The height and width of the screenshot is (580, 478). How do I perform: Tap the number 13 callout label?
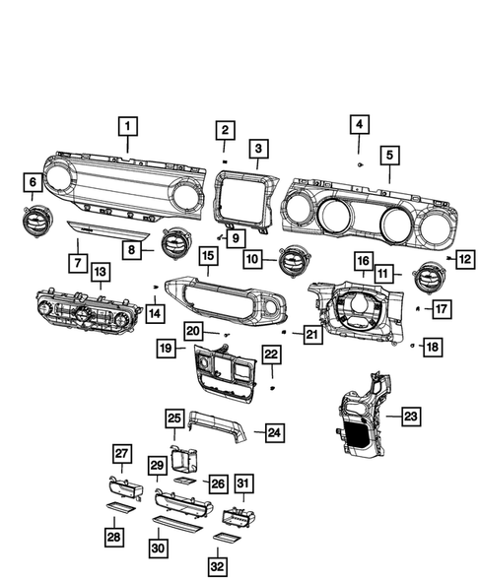[x=101, y=271]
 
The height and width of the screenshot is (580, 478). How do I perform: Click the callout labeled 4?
[x=360, y=124]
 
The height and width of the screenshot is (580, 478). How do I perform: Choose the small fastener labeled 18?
[x=411, y=346]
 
